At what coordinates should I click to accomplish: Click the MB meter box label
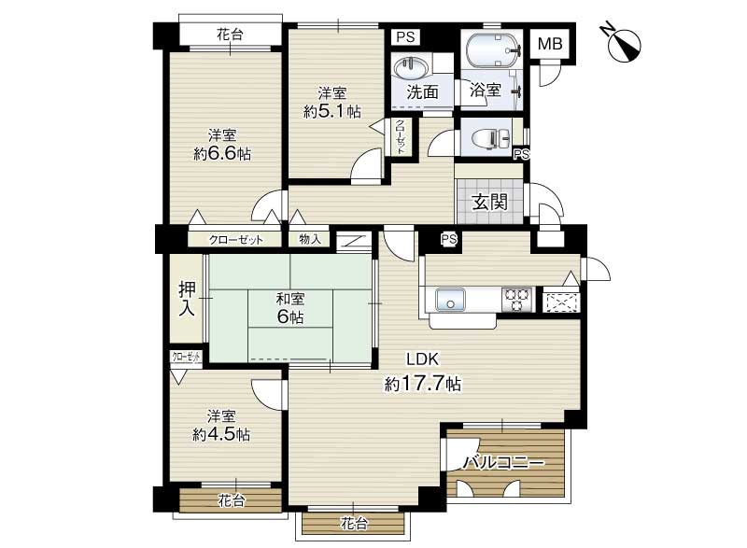tap(550, 44)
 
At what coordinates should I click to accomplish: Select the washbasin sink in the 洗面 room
tap(408, 68)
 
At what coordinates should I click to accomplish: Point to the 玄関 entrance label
tap(489, 203)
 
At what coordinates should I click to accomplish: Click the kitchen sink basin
tap(450, 299)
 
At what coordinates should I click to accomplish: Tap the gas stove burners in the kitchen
tap(517, 299)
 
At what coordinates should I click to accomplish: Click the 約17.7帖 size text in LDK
tap(423, 383)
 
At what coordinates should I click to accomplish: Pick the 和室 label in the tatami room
tap(290, 299)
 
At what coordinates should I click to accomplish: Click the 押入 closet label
tap(187, 299)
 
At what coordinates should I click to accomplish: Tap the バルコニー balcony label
tap(503, 462)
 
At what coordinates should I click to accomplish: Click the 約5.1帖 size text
tap(332, 111)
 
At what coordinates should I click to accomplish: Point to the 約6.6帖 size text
tap(222, 154)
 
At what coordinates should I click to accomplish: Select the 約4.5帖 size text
tap(221, 434)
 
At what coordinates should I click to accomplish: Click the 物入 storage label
tap(310, 239)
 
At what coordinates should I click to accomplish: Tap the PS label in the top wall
tap(406, 36)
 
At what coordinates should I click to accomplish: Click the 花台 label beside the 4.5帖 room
tap(232, 500)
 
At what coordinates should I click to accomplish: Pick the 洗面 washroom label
tap(422, 91)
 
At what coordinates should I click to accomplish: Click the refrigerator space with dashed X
tap(561, 302)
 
